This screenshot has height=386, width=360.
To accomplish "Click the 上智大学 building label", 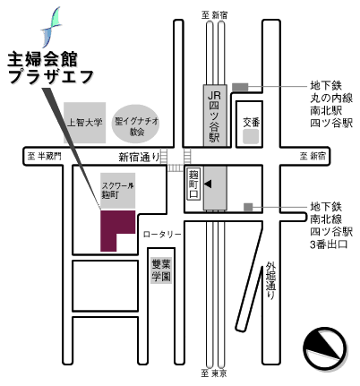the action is click(85, 123).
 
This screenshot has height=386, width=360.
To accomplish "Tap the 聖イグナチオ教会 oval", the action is click(135, 124).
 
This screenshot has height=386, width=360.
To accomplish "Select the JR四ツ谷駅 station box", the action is click(215, 116).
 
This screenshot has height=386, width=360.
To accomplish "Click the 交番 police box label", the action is click(251, 122).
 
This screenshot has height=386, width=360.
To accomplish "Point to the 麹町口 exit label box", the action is click(193, 184).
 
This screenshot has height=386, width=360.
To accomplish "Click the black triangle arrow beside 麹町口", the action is click(208, 184).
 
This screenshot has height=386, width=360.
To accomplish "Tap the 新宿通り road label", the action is click(139, 157).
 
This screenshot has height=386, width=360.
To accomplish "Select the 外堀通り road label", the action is click(270, 280).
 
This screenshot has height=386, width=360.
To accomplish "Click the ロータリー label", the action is click(162, 235).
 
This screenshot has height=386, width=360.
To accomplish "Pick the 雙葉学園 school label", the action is click(161, 270).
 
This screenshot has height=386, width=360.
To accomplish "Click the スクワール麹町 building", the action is click(117, 190).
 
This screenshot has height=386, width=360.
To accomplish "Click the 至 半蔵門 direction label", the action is click(44, 156).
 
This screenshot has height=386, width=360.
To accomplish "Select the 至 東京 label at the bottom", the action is click(214, 373).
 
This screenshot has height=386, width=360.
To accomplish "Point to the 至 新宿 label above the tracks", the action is click(214, 15).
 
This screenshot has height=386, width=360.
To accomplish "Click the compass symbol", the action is click(325, 348).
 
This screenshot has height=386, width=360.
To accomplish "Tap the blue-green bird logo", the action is click(51, 27).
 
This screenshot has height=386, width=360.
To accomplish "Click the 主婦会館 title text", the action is click(43, 59).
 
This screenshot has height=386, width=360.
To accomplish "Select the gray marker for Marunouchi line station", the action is click(240, 87).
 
